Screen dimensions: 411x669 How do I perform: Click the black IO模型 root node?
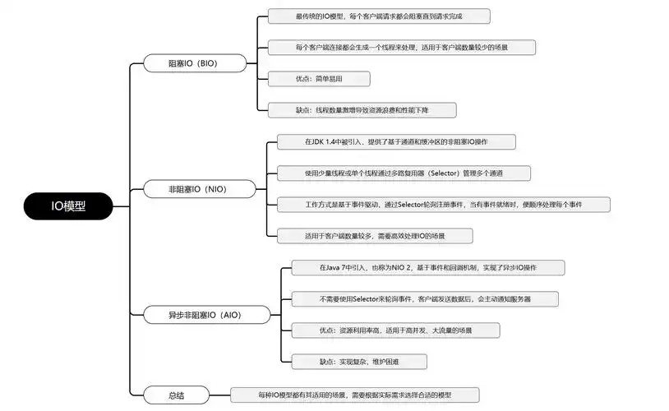coord(68,207)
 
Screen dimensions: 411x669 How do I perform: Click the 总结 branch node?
coord(175,395)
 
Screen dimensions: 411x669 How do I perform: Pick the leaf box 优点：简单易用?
coord(319,79)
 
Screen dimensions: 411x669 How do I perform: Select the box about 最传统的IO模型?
coord(379,16)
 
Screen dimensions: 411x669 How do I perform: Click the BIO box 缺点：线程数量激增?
coord(361,110)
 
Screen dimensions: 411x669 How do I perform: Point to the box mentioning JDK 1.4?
coord(395,142)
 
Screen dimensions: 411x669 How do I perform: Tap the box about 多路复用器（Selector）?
coord(403,173)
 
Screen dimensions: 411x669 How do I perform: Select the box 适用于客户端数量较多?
coord(374,236)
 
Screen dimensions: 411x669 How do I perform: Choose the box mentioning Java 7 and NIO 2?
coord(428,268)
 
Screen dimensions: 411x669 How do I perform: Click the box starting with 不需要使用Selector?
coord(425,298)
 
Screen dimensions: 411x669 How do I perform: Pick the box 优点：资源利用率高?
coord(395,330)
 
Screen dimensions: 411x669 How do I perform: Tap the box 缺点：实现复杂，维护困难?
coord(358,361)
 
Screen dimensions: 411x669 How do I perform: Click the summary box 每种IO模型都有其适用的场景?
coord(354,395)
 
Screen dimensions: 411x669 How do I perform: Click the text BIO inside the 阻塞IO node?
coord(207,62)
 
